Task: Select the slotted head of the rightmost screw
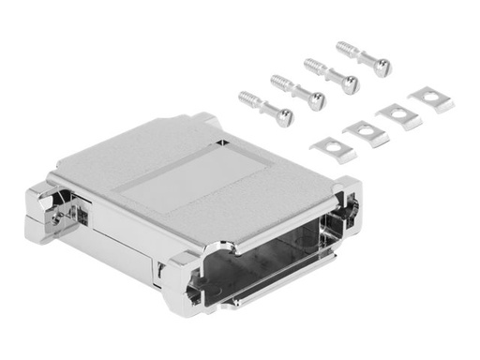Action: [382, 67]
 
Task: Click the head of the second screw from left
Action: [317, 100]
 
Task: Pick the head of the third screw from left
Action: [349, 84]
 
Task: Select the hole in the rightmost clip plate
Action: [431, 97]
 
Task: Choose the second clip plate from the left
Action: [365, 133]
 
